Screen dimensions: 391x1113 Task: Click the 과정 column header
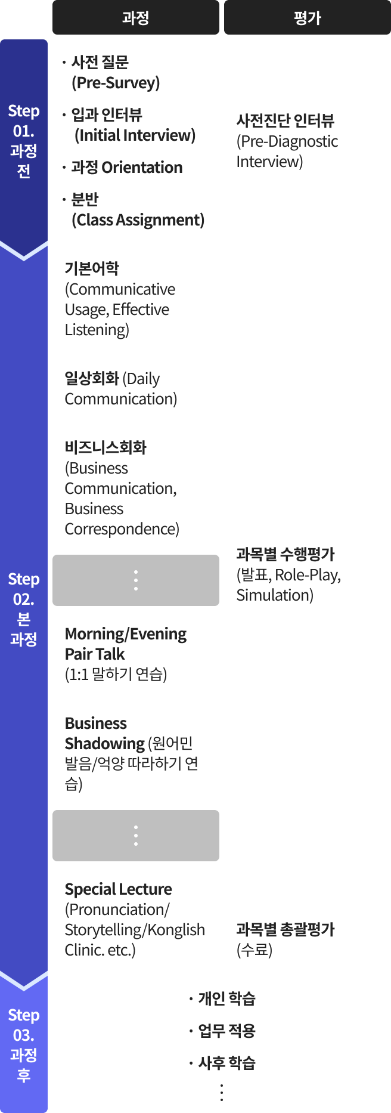click(x=136, y=17)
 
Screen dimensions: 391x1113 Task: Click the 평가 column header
click(x=308, y=17)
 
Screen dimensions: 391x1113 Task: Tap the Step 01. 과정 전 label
click(x=24, y=141)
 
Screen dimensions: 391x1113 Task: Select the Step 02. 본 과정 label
click(x=24, y=609)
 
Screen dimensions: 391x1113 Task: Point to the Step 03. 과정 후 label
click(x=24, y=1045)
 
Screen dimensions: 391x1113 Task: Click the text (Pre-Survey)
click(x=116, y=82)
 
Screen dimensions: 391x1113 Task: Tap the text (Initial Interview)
click(x=135, y=135)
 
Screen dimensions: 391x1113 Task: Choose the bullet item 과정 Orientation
click(x=122, y=167)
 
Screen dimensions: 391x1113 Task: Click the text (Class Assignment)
click(x=138, y=219)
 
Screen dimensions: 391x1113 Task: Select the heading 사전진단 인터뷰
click(x=286, y=120)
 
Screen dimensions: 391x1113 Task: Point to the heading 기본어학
click(x=92, y=268)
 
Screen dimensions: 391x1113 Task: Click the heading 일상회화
click(x=92, y=378)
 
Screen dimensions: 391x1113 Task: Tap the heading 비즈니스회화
click(x=105, y=447)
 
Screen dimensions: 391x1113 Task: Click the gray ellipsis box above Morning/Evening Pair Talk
click(x=136, y=580)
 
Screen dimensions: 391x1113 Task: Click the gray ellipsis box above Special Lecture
click(x=136, y=836)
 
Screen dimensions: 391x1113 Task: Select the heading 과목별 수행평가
click(x=286, y=554)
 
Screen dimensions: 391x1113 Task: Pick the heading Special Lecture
click(x=118, y=889)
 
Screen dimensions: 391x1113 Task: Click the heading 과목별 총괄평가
click(x=286, y=929)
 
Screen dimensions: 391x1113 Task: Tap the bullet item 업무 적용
click(x=222, y=1030)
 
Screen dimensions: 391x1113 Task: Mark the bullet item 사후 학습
click(x=222, y=1062)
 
